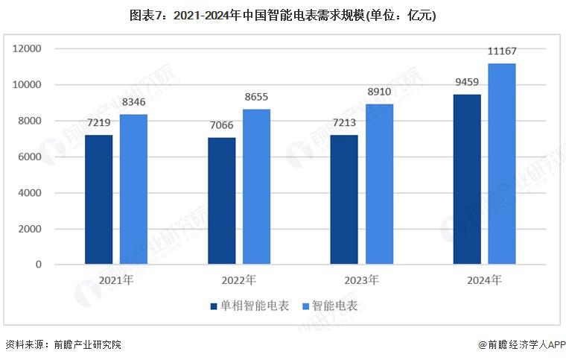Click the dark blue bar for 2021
point(99,200)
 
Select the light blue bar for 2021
point(134,189)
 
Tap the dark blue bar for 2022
point(221,201)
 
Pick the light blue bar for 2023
point(379,184)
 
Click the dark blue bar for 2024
point(467,180)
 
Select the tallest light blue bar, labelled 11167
point(502,164)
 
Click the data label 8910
point(380,93)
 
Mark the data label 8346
point(135,104)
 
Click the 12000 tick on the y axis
point(27,49)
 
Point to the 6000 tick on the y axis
point(30,157)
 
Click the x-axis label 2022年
point(239,281)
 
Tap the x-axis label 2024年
point(484,281)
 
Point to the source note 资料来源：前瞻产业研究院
point(63,345)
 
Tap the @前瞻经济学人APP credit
point(521,345)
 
